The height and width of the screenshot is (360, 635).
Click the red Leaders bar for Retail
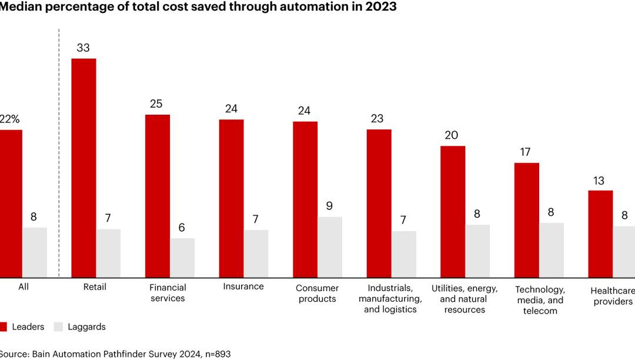83,168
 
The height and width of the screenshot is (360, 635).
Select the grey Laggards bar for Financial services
182,258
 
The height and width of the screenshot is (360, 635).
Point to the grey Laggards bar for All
35,252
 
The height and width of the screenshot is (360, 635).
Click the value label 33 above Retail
83,48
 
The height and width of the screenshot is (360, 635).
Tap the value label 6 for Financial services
182,228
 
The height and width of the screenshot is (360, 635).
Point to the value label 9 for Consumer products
330,206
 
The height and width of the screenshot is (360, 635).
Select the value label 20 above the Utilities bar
452,135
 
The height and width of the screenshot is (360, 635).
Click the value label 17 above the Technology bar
525,152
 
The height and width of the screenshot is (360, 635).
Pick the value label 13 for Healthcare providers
599,181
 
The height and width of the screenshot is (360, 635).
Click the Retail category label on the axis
94,287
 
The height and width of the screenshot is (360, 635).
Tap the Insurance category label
243,286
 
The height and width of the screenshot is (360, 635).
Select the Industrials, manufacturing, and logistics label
390,298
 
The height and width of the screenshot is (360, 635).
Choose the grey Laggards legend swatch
58,326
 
